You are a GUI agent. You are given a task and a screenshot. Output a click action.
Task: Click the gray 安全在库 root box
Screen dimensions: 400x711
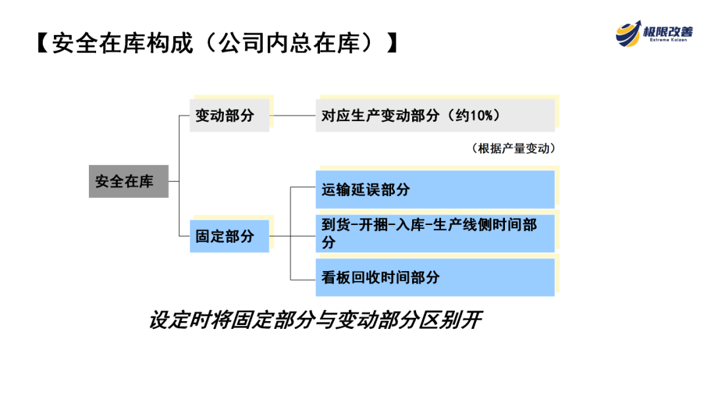[x=128, y=182]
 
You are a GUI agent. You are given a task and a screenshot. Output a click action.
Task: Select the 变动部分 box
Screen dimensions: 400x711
[x=229, y=116]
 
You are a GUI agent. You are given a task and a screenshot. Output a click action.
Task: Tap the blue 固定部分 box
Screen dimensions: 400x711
[x=229, y=236]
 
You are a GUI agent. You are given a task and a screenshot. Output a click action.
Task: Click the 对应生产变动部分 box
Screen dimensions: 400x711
[x=434, y=116]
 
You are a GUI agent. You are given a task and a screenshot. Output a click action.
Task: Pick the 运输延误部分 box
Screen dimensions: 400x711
[x=434, y=189]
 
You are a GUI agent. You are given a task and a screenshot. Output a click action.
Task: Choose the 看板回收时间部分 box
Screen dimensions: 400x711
[x=434, y=278]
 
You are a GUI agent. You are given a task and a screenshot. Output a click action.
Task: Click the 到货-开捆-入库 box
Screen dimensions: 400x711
[x=434, y=233]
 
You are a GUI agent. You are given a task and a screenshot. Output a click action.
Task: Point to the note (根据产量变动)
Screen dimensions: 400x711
[x=513, y=149]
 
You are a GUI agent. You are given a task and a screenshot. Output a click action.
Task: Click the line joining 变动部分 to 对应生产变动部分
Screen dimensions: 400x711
[x=292, y=116]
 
